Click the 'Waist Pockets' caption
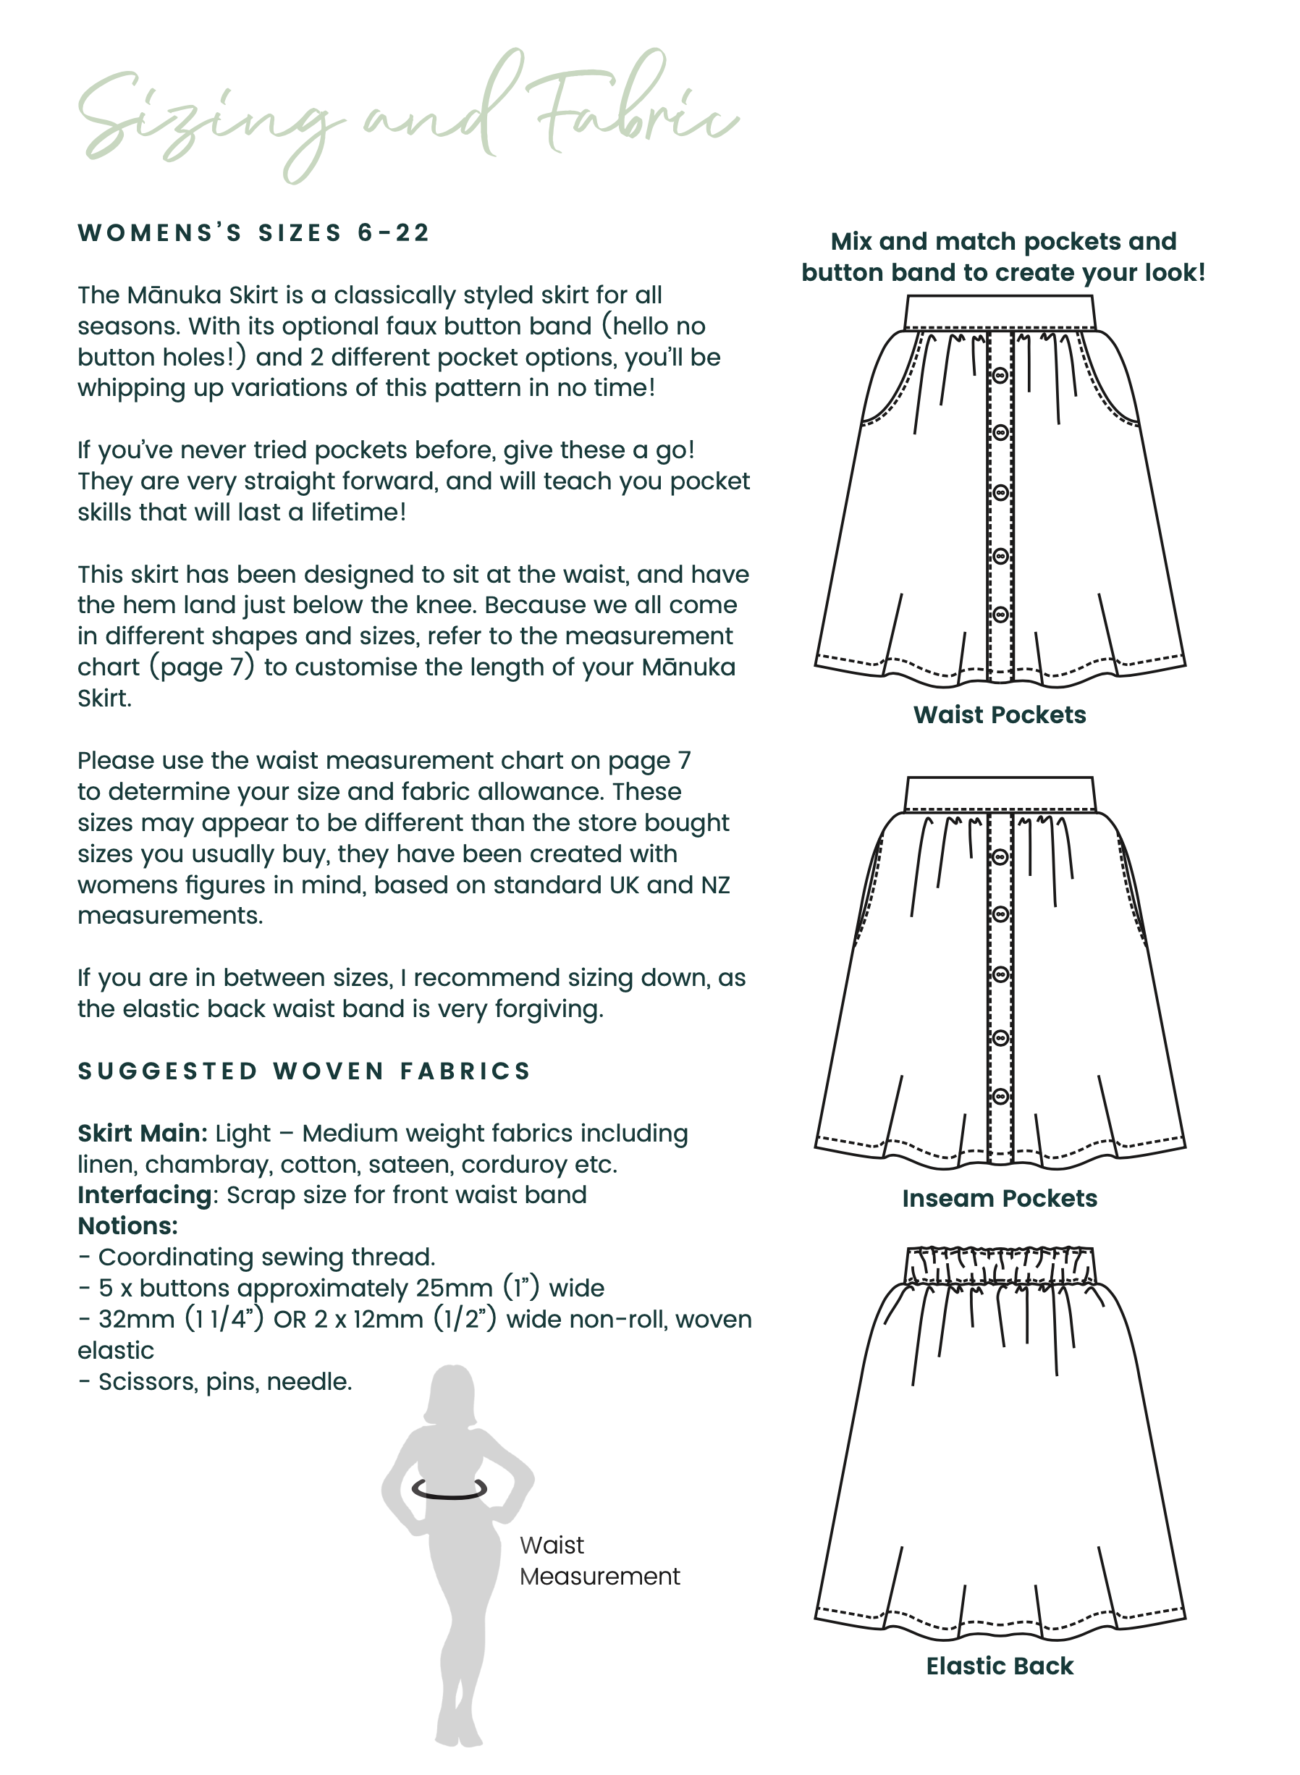1000,714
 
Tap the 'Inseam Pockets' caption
1000,1198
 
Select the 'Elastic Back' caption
1000,1666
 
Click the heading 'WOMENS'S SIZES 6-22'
253,233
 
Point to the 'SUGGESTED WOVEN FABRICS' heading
305,1071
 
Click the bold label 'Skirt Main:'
143,1133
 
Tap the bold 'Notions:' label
127,1226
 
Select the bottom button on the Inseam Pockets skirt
1000,1096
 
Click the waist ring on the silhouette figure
449,1489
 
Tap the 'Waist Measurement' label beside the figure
599,1561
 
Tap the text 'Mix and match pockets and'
1003,241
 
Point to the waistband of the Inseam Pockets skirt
1000,793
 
